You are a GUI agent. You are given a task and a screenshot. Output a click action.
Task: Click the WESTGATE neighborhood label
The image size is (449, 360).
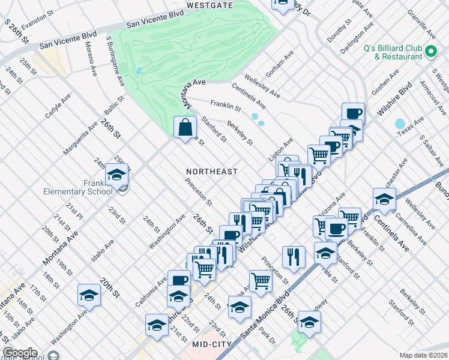(209, 5)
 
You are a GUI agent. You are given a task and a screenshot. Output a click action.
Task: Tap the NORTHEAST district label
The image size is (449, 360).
(212, 172)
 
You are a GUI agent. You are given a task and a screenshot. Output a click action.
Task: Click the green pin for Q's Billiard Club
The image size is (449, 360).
(431, 53)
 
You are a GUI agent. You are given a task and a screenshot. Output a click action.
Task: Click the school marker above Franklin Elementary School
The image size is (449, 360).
(116, 175)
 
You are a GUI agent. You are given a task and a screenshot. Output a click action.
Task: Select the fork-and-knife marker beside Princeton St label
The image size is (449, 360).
(294, 256)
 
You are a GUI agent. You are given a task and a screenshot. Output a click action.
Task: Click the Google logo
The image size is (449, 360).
(20, 353)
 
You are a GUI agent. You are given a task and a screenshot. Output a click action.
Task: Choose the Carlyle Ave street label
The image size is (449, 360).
(58, 106)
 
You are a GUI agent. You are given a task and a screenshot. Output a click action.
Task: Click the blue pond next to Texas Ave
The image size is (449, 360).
(400, 124)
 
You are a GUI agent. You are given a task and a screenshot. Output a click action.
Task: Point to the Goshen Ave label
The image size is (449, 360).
(385, 83)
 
